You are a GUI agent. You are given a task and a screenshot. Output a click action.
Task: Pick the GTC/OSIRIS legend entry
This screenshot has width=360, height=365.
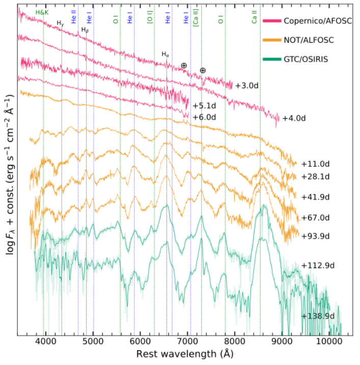(x=299, y=59)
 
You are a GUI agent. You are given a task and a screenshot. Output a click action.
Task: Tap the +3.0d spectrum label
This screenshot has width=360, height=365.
(x=247, y=86)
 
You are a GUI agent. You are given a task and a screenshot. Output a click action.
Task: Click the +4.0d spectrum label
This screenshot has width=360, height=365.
(x=294, y=118)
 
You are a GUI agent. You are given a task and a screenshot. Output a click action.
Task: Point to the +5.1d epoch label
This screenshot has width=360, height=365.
(x=204, y=106)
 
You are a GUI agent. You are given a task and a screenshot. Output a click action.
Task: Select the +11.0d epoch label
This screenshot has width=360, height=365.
(x=316, y=164)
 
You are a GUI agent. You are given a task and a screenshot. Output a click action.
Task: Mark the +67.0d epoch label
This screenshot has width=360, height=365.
(x=316, y=217)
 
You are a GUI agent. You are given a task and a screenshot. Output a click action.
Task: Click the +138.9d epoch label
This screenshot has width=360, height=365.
(x=318, y=316)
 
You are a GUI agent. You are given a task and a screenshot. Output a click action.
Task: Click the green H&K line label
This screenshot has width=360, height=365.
(x=42, y=11)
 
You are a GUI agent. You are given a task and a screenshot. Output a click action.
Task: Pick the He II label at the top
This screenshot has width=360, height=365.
(x=75, y=20)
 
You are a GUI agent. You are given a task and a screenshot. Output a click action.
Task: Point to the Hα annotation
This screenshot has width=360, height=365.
(x=165, y=54)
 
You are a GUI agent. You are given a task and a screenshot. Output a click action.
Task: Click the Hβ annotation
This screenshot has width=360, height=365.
(x=85, y=31)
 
